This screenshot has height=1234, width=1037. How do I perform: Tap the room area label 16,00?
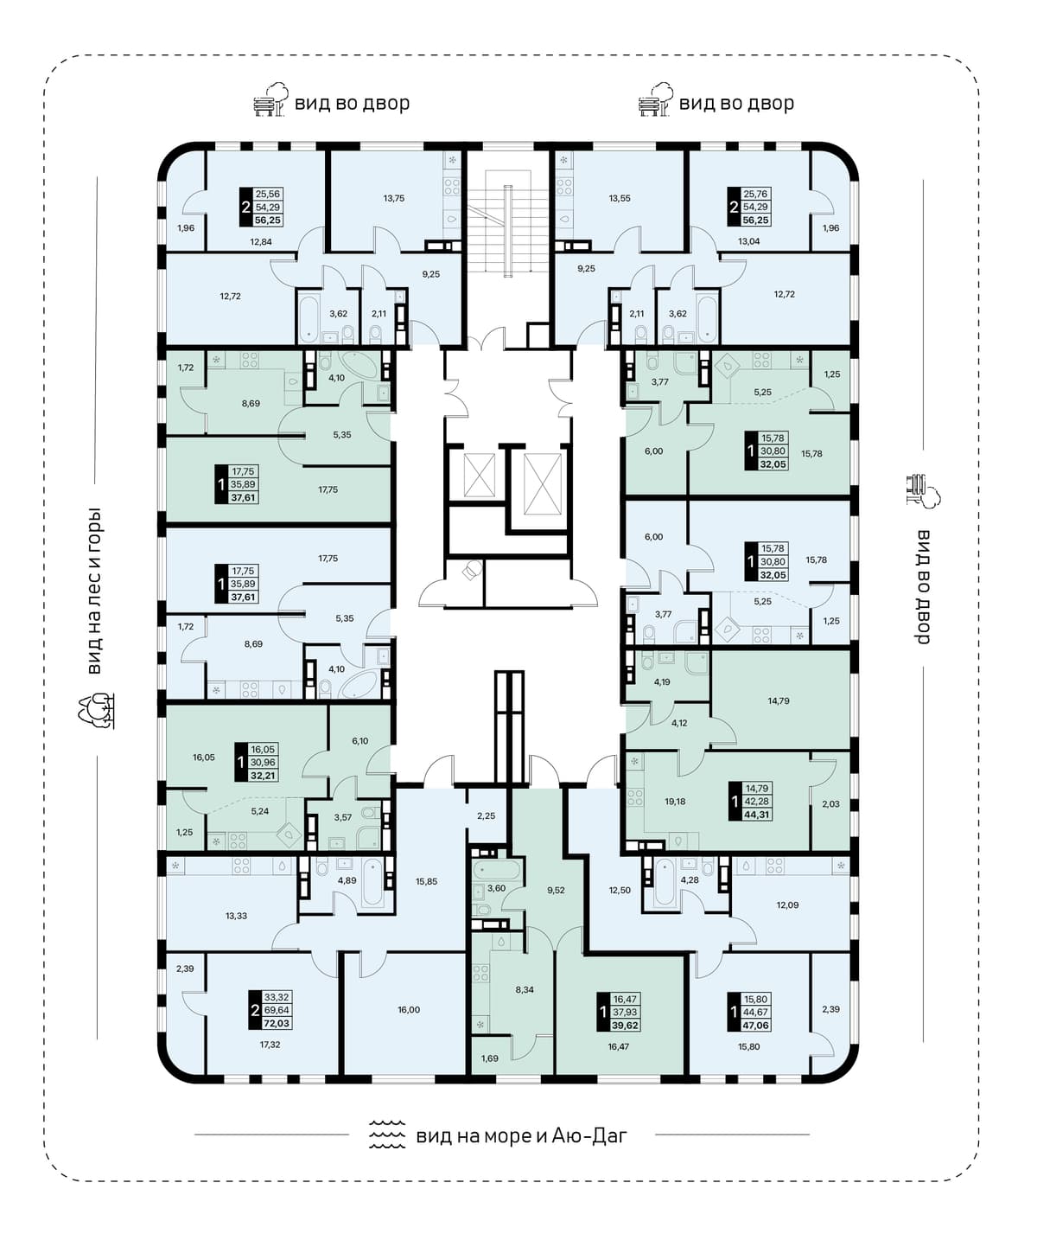[409, 1009]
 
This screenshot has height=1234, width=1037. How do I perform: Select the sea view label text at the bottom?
[521, 1136]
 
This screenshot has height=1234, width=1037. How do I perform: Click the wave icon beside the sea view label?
[387, 1135]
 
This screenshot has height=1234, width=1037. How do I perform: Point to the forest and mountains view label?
[94, 591]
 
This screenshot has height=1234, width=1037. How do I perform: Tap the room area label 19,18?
[675, 802]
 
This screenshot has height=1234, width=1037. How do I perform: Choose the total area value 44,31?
[758, 815]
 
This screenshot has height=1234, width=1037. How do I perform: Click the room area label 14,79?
[779, 701]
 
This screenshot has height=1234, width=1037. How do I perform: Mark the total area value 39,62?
[625, 1026]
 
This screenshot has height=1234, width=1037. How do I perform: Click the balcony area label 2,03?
[830, 803]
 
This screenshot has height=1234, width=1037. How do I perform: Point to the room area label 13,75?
[394, 198]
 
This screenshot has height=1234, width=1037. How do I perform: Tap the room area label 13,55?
[620, 198]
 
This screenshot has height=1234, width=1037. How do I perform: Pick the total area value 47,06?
[756, 1026]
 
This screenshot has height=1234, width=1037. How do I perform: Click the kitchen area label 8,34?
[525, 989]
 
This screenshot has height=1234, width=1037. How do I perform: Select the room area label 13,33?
[236, 916]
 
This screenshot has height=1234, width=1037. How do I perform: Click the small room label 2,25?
[486, 815]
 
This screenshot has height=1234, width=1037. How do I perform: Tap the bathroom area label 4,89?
[347, 897]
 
